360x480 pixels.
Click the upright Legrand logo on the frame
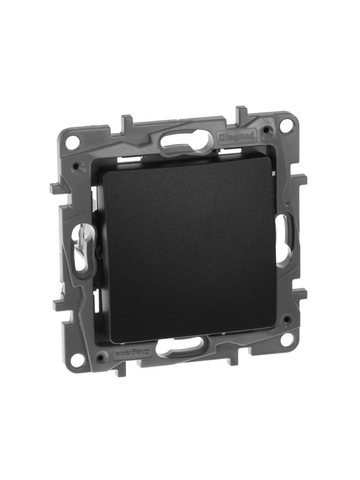click(237, 137)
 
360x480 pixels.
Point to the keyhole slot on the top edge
click(187, 140)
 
